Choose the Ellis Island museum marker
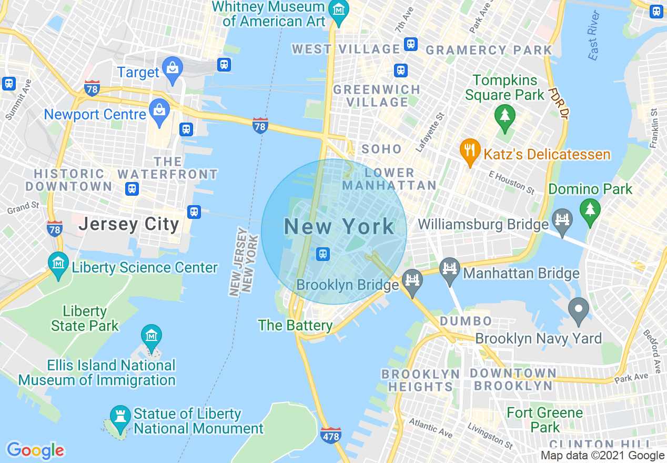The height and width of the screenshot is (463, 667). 151,336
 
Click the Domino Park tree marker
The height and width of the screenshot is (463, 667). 590,209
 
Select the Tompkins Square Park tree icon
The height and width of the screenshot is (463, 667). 505,115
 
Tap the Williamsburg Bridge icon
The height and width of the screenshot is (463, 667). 562,218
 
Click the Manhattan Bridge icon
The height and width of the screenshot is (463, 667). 449,268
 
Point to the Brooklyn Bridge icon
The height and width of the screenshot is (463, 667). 412,279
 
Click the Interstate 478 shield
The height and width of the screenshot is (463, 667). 330,435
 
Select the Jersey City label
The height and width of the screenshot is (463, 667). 129,224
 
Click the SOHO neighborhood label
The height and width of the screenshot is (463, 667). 381,149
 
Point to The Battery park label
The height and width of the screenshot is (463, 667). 295,326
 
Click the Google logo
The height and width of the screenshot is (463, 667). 35,450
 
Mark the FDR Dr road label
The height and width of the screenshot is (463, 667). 560,103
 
